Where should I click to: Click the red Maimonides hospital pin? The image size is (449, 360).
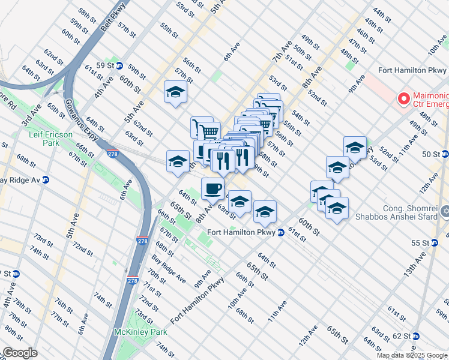[x=404, y=98]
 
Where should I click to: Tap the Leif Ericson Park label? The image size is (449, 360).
[x=51, y=139]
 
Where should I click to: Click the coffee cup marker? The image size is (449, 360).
[x=212, y=190]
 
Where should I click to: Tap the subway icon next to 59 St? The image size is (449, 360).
[x=119, y=65]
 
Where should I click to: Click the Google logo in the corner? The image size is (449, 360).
[x=20, y=353]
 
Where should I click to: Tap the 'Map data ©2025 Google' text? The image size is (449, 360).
[x=412, y=355]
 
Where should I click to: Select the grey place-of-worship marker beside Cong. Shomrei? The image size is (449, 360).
[x=445, y=212]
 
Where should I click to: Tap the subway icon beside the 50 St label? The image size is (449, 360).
[x=445, y=154]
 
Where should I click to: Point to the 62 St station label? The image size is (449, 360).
[x=400, y=336]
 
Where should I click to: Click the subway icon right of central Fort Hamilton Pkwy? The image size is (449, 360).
[x=280, y=232]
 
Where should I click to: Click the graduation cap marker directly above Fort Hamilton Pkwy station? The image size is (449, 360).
[x=265, y=211]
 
